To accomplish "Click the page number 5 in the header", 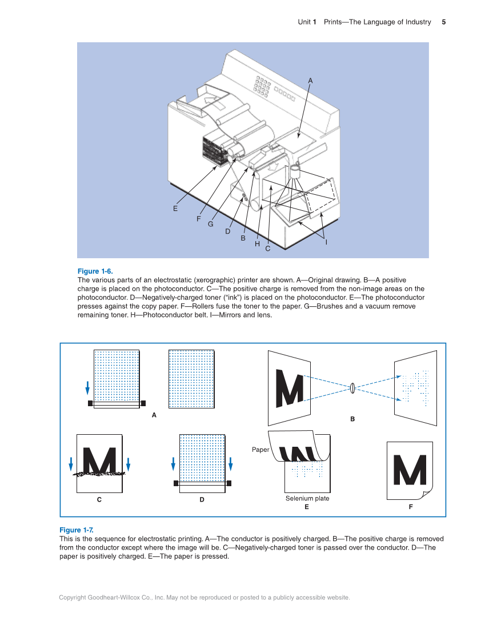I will click(443, 22).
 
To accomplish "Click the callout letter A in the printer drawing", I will click(310, 81).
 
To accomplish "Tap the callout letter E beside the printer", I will click(175, 209).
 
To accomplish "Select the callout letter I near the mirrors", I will click(326, 242).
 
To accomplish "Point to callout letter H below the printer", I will click(257, 244).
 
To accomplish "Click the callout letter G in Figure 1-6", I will click(210, 225).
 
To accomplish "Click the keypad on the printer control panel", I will click(262, 86).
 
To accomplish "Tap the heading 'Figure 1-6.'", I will click(95, 271).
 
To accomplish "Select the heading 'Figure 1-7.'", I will click(77, 530).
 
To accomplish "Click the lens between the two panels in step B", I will click(352, 388).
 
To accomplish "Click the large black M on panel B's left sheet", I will click(290, 388).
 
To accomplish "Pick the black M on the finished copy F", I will click(409, 470).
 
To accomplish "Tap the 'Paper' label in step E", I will click(260, 450).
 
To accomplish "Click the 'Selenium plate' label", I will click(307, 499).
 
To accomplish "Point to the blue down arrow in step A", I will click(87, 388).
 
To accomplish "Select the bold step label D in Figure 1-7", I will click(202, 499).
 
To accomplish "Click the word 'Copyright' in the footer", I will click(73, 598).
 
